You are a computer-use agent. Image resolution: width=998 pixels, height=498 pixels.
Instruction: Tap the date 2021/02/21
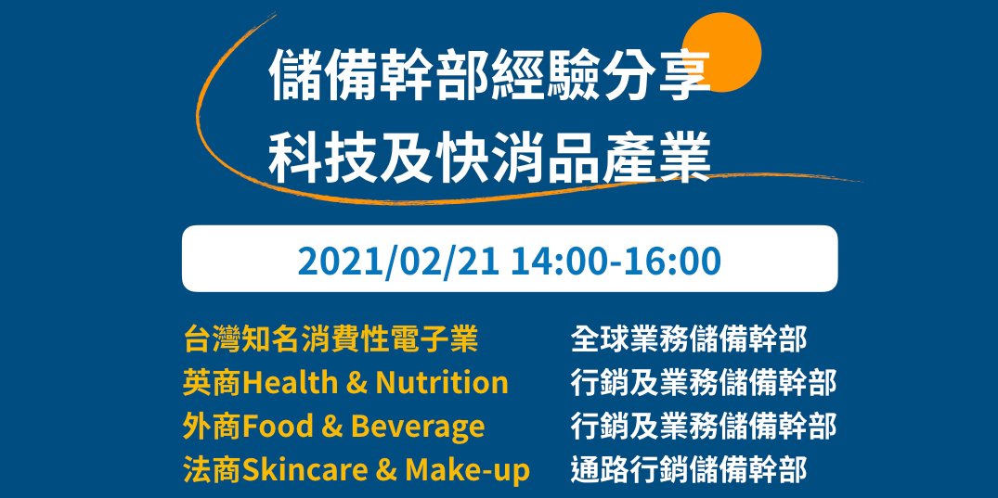(398, 262)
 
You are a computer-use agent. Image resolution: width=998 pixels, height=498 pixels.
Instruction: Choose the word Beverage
(417, 427)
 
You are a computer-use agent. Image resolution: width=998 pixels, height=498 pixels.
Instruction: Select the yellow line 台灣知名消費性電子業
(331, 339)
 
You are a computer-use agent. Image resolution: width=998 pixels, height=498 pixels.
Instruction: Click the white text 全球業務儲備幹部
(689, 339)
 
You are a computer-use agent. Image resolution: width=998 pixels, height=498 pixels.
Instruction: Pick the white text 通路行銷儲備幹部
(689, 470)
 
